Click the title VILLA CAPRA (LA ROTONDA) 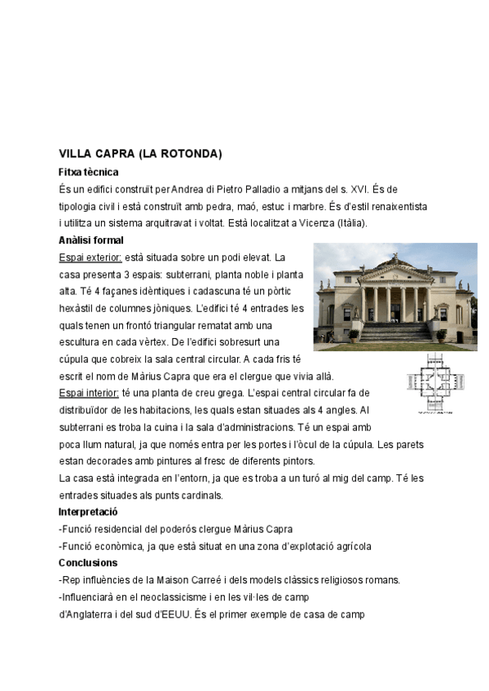pyautogui.click(x=140, y=154)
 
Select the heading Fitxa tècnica pyautogui.click(x=89, y=172)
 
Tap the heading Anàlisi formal pyautogui.click(x=91, y=240)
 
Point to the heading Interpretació pyautogui.click(x=89, y=512)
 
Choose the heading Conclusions pyautogui.click(x=88, y=563)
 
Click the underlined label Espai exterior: pyautogui.click(x=90, y=257)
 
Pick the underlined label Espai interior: pyautogui.click(x=89, y=393)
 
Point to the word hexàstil pyautogui.click(x=80, y=308)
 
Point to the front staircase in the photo pyautogui.click(x=395, y=332)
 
